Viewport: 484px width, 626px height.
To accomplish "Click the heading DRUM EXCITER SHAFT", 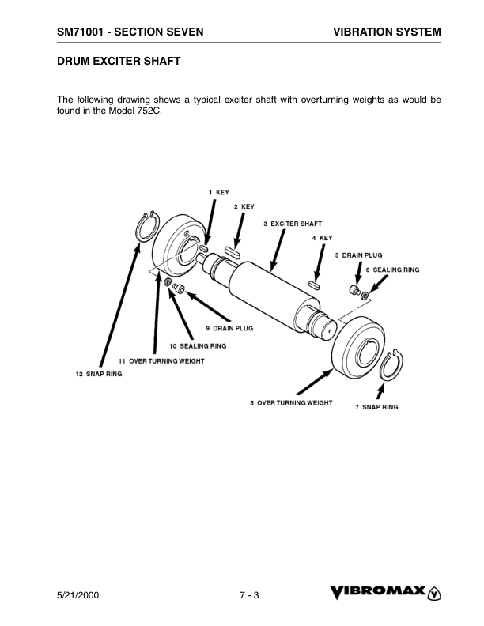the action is coord(119,61).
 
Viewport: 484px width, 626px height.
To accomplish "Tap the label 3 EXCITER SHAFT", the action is coord(293,224).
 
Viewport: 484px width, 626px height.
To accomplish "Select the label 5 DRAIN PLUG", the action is coord(358,255).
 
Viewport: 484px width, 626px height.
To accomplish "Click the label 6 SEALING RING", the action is coord(392,270).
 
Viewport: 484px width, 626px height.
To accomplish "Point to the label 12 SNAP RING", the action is coord(99,374).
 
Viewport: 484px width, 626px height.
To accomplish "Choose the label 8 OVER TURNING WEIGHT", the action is coord(291,403).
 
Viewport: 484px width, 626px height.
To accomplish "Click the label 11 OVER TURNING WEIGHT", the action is coord(161,361).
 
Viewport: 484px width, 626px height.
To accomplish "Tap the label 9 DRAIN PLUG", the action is coord(229,328).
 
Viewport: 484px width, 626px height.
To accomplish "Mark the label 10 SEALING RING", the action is coord(198,345).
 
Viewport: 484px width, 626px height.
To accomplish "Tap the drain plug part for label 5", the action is coord(354,290).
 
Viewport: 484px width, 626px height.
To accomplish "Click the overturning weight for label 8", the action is coord(358,346).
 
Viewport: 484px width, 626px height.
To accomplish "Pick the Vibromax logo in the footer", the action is coord(385,593).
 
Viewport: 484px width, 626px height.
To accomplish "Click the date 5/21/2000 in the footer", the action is coord(78,595).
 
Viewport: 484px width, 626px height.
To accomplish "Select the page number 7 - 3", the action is coord(249,595).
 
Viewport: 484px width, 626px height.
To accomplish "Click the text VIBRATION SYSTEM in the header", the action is coord(387,32).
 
